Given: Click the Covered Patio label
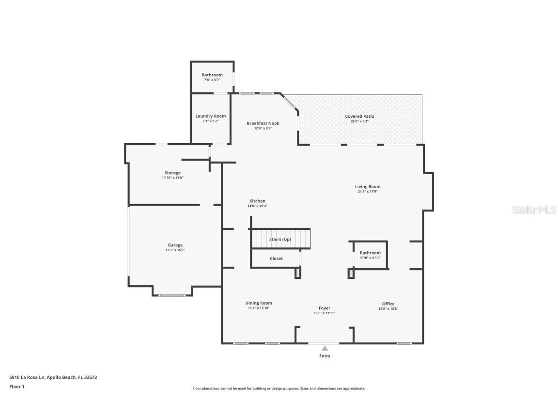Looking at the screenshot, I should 359,116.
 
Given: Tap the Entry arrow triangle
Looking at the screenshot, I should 325,348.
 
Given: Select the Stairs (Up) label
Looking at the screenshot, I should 280,239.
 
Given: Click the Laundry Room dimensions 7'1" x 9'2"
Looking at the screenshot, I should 211,121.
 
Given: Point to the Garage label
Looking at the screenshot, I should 175,245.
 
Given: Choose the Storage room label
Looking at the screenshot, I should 172,173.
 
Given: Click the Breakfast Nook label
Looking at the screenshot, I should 263,123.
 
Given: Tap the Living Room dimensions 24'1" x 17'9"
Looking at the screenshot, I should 368,192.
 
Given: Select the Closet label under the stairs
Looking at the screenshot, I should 276,258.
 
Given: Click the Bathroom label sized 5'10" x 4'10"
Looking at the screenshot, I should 370,253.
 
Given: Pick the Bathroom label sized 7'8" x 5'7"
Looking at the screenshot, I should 212,75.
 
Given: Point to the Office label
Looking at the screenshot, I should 388,304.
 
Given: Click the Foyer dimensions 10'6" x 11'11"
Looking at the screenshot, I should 325,313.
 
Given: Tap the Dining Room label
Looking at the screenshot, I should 259,303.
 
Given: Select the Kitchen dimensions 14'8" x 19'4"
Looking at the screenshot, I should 257,206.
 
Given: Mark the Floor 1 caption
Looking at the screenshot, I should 16,387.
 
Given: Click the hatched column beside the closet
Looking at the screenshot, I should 297,273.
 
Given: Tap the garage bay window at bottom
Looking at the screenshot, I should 172,295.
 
